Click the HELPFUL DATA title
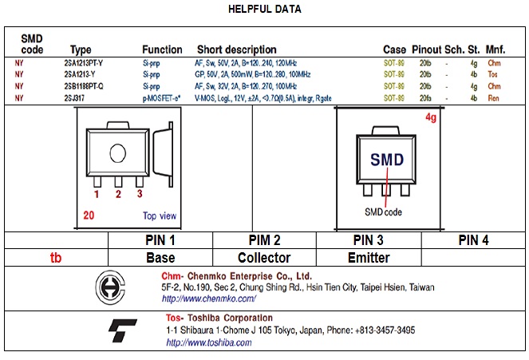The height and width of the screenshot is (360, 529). click(x=265, y=10)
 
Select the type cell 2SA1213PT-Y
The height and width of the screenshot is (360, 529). click(x=83, y=61)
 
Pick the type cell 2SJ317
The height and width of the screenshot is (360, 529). click(x=75, y=97)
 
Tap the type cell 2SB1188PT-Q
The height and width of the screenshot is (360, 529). click(x=84, y=85)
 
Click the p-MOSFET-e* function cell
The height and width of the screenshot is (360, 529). click(x=161, y=97)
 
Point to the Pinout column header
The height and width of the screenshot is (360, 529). click(x=425, y=49)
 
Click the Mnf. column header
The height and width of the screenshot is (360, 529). click(x=495, y=49)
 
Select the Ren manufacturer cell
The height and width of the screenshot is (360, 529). click(x=493, y=97)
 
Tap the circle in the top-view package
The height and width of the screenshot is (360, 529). click(x=118, y=153)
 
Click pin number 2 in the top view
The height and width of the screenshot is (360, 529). click(x=118, y=193)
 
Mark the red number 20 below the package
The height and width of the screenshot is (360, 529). click(x=89, y=215)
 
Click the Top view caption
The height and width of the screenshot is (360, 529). click(x=160, y=216)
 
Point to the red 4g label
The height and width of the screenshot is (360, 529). click(x=431, y=117)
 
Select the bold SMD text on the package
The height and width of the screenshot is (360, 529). click(x=387, y=159)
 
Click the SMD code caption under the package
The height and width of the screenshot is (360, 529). click(x=384, y=212)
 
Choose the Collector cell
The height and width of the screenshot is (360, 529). click(x=264, y=258)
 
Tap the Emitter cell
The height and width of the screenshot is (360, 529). click(x=369, y=258)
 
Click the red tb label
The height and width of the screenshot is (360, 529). click(x=55, y=258)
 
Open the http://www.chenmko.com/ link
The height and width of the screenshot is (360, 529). click(x=208, y=299)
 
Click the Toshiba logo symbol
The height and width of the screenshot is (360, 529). click(x=122, y=330)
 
